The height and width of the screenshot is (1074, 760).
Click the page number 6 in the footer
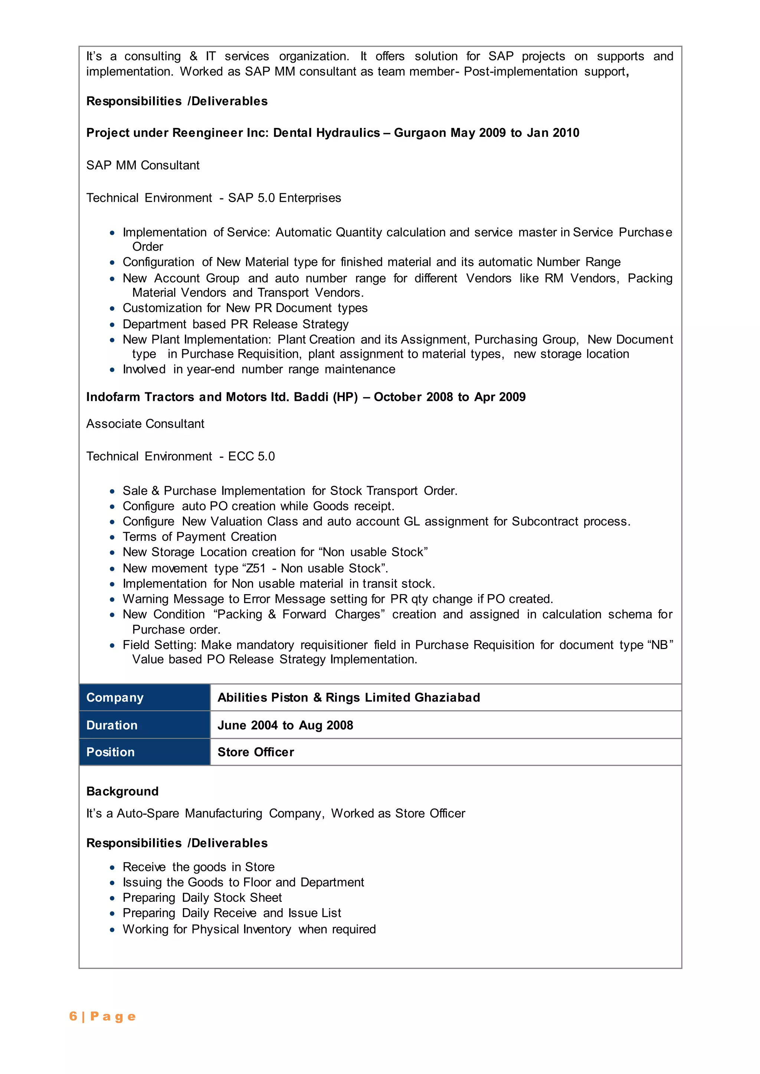[73, 1016]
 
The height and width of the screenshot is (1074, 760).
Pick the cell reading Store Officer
[256, 752]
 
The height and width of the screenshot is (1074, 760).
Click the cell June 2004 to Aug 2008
[285, 725]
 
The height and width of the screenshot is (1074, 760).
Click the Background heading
[122, 791]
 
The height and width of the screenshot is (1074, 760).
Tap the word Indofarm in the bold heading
[113, 397]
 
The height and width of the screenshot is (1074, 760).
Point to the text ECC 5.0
[251, 456]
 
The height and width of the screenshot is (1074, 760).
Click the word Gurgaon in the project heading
[420, 133]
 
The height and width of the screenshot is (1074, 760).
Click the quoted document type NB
[659, 645]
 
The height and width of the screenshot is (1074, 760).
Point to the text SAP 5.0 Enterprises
[285, 198]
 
